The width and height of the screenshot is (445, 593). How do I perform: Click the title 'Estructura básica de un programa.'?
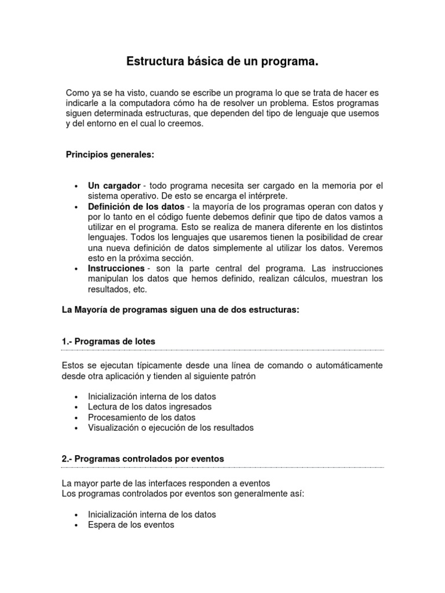click(222, 61)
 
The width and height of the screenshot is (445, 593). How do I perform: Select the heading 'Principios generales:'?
click(110, 155)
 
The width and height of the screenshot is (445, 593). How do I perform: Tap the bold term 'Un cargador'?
click(114, 185)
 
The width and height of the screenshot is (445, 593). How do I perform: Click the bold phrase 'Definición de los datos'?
click(136, 206)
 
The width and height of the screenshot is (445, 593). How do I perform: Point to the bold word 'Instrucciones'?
click(116, 269)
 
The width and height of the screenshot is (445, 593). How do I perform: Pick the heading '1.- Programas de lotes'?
click(108, 342)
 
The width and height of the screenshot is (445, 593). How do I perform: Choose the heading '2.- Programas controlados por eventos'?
click(143, 458)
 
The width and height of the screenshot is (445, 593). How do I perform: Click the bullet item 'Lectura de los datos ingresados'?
click(149, 407)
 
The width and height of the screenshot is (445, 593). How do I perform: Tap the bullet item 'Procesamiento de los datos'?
click(141, 417)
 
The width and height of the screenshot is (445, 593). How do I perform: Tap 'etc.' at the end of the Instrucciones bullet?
click(140, 290)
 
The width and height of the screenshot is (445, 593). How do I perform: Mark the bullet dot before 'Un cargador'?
click(76, 186)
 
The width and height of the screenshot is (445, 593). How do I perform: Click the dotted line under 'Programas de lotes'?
click(222, 350)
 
